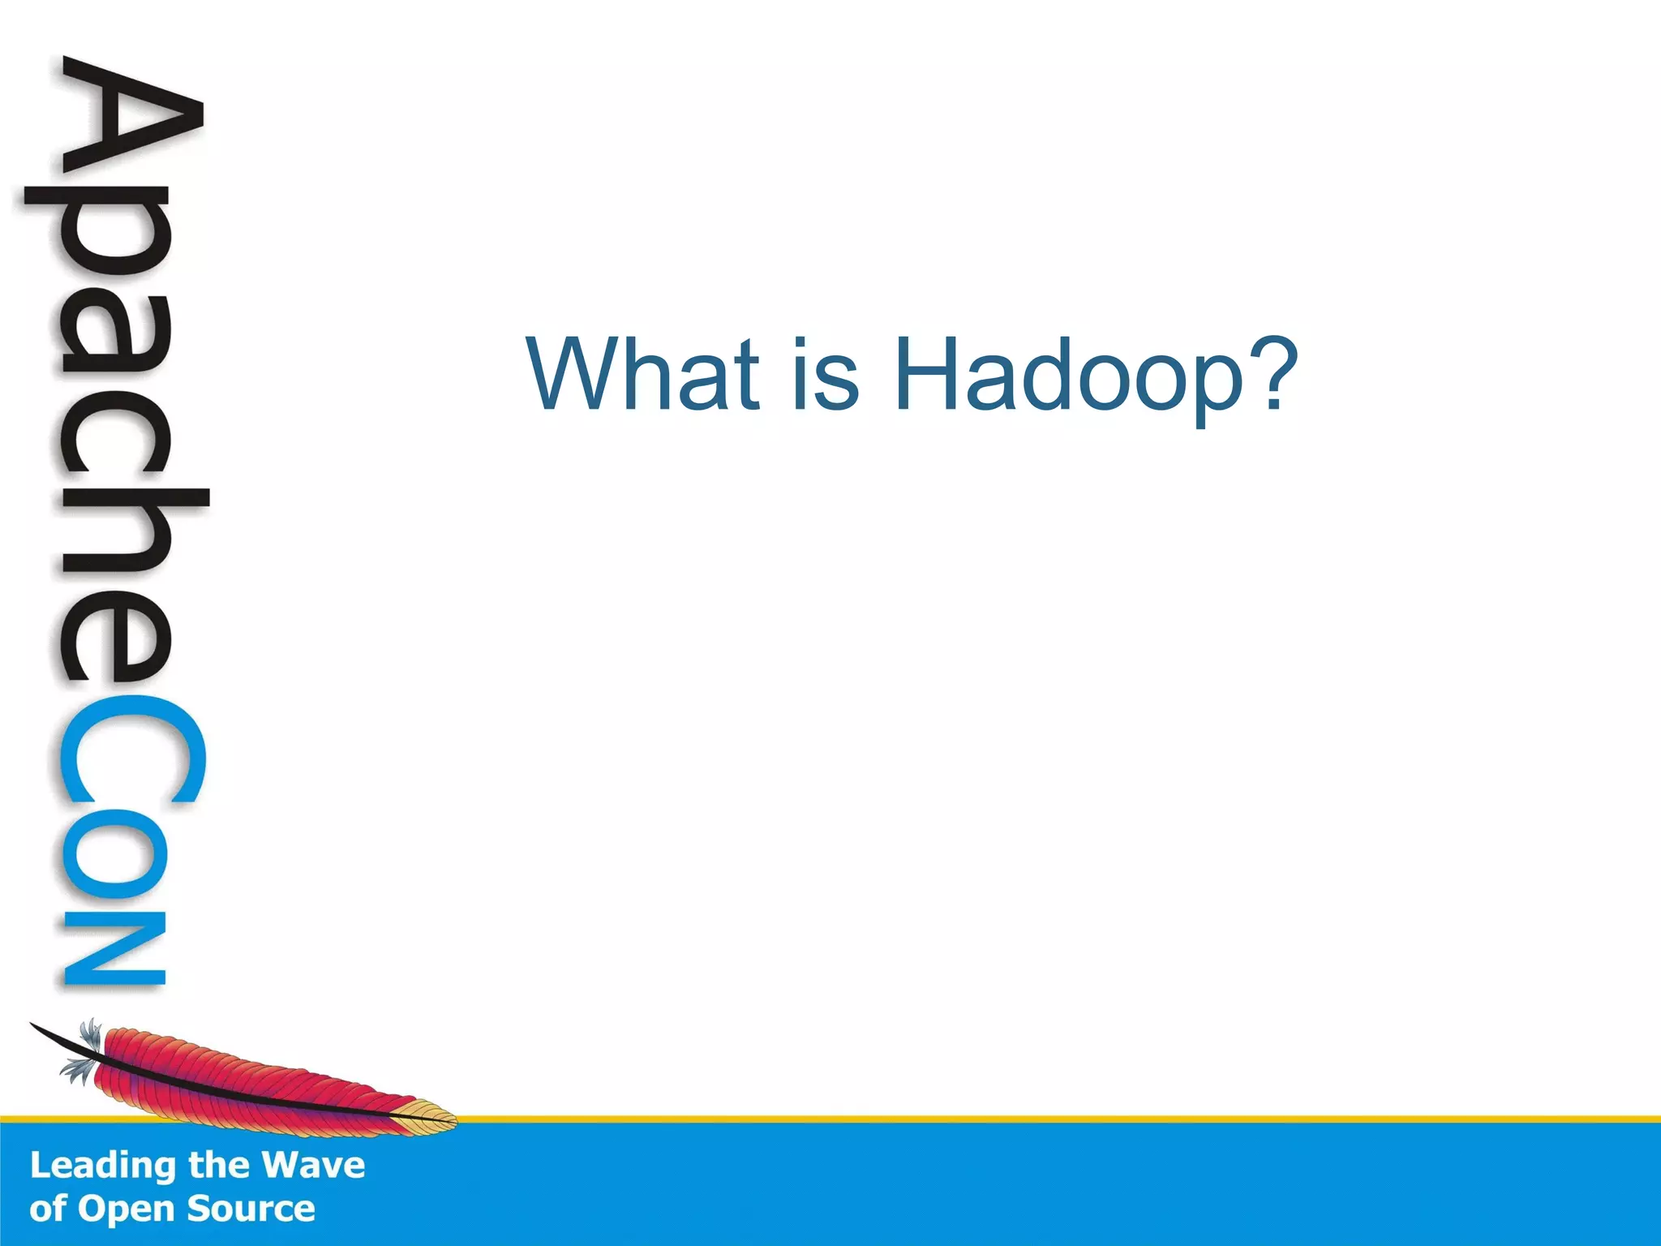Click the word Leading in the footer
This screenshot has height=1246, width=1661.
pyautogui.click(x=102, y=1166)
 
